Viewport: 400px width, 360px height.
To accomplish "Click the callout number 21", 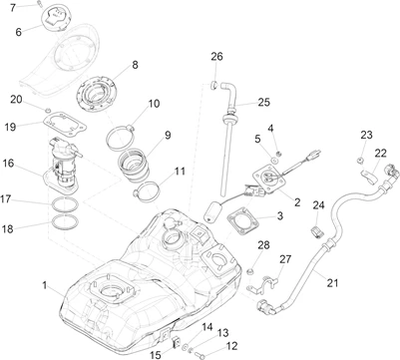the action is (332, 283).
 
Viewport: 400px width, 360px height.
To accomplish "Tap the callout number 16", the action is (9, 164).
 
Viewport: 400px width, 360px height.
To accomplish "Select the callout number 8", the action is (135, 65).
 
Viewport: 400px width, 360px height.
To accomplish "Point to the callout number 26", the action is (216, 56).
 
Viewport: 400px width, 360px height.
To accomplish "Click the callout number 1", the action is (44, 285).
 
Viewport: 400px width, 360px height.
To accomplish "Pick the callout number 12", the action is (232, 346).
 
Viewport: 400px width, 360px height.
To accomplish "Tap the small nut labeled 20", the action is (47, 110).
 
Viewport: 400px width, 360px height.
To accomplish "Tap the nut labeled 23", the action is (359, 161).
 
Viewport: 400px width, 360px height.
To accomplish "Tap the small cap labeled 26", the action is (214, 84).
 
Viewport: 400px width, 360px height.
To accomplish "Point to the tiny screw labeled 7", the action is (39, 4).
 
